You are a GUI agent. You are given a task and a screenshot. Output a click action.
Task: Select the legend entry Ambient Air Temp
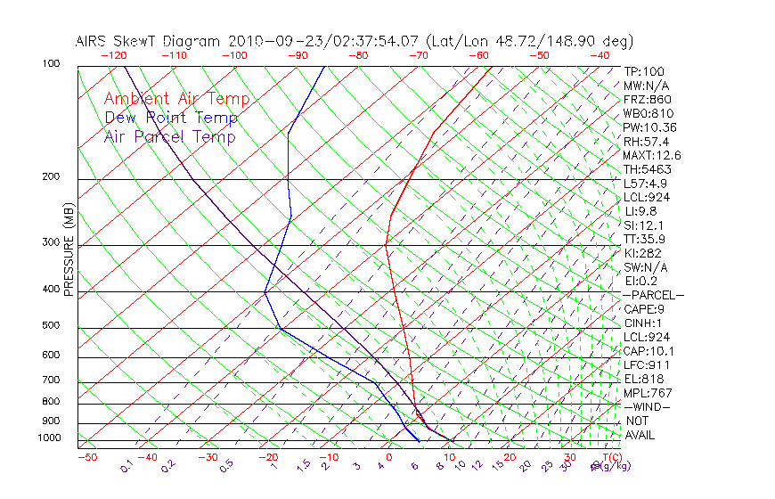point(177,99)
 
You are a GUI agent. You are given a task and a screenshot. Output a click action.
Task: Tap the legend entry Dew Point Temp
point(171,118)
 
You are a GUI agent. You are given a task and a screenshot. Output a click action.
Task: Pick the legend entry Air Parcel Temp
point(170,136)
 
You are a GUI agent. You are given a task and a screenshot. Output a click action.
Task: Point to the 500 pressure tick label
point(51,326)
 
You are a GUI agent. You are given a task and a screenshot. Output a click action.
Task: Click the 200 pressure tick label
point(51,176)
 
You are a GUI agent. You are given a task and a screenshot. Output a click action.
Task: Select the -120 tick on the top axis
point(113,55)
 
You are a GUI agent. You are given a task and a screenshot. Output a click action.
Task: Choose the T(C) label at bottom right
point(610,457)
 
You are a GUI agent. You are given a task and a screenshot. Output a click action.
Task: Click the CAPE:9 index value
point(642,308)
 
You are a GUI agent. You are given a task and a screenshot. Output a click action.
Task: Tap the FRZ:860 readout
point(644,100)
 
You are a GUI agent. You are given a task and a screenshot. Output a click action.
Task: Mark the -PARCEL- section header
point(653,295)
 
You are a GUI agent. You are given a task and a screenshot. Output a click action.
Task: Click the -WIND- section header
point(647,406)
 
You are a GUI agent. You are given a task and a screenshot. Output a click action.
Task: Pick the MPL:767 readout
point(647,392)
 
